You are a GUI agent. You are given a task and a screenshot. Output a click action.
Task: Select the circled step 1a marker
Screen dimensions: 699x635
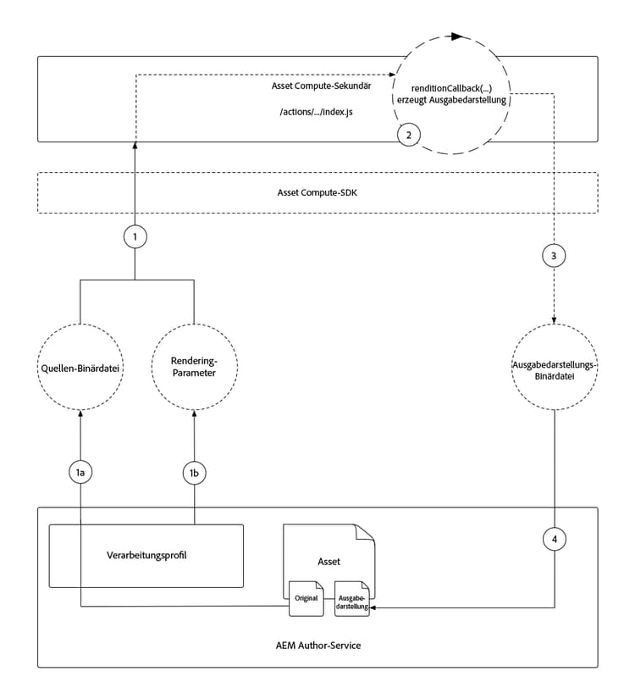(80, 473)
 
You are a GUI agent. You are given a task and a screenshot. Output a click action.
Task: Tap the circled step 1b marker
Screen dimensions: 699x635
(195, 473)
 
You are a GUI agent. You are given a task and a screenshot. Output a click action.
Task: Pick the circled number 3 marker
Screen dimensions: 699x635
(555, 256)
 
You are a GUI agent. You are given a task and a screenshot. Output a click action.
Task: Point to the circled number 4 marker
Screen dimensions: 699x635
(555, 538)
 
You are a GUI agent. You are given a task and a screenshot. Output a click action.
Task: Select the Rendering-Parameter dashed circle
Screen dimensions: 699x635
(195, 367)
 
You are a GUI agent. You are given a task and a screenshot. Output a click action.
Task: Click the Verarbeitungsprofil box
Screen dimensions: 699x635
(146, 556)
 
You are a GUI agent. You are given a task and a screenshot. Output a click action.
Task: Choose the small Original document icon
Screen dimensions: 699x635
(306, 596)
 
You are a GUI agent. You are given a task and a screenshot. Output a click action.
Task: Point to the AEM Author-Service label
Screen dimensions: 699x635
(317, 646)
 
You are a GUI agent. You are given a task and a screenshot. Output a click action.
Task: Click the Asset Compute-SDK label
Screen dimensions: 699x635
(317, 193)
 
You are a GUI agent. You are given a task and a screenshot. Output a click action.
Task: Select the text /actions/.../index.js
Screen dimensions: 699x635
(317, 111)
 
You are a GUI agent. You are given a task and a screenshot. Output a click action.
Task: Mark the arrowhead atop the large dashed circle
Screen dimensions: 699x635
(458, 37)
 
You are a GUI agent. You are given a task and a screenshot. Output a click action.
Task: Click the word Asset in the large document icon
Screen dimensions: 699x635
(329, 560)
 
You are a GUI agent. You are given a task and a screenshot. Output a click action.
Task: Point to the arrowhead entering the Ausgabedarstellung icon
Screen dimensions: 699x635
(373, 607)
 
